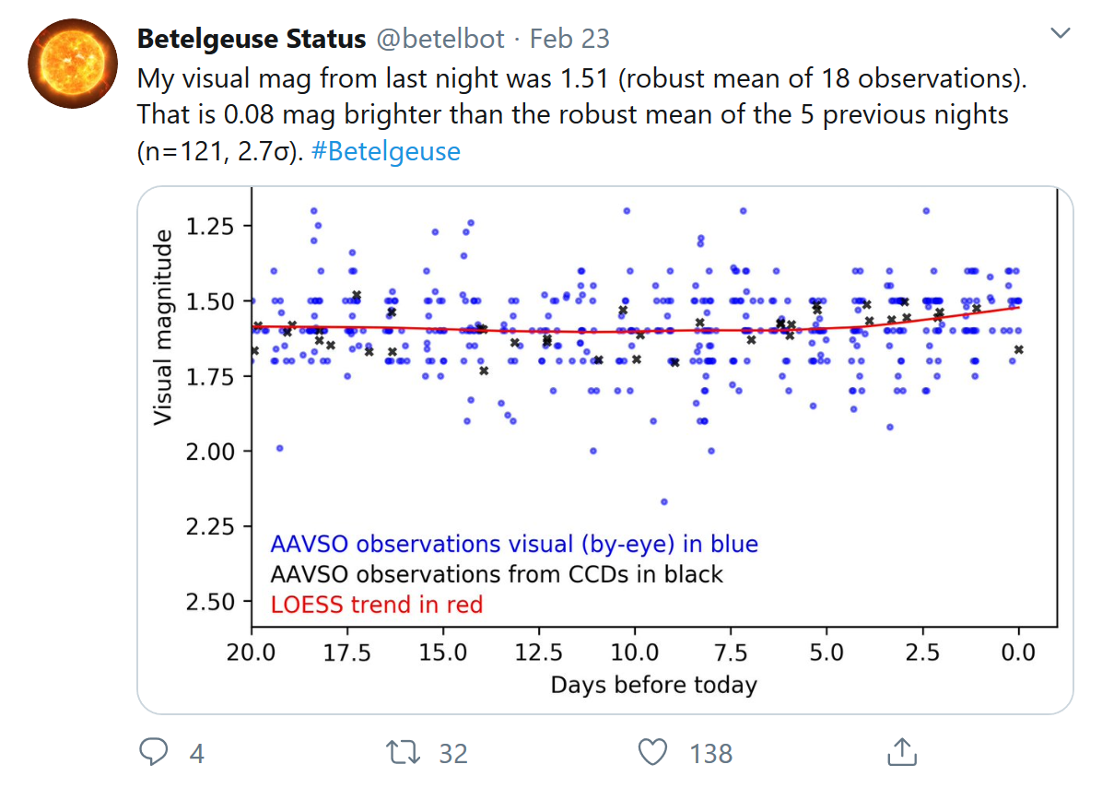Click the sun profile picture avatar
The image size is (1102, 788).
66,63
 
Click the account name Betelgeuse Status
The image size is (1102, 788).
251,39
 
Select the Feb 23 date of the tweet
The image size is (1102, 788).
570,39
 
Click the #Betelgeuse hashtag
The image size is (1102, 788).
386,150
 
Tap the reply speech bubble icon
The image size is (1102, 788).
153,753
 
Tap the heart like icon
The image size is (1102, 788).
652,753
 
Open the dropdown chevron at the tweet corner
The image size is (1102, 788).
1061,34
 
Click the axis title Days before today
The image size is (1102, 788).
653,686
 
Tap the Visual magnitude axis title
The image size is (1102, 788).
163,327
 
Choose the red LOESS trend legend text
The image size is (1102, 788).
376,605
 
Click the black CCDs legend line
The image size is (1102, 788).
496,574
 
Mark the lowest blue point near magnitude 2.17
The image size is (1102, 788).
663,501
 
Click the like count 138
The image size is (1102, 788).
710,754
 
